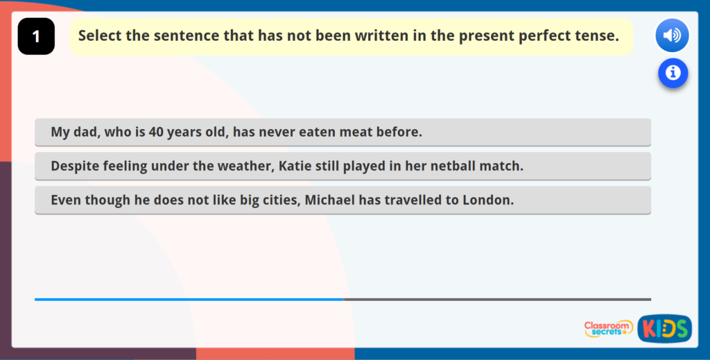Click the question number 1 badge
point(36,37)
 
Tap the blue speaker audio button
point(671,35)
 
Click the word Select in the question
point(100,35)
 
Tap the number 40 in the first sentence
point(156,132)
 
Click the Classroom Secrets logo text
point(608,328)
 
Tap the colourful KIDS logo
point(664,329)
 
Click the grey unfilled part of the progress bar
point(496,300)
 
